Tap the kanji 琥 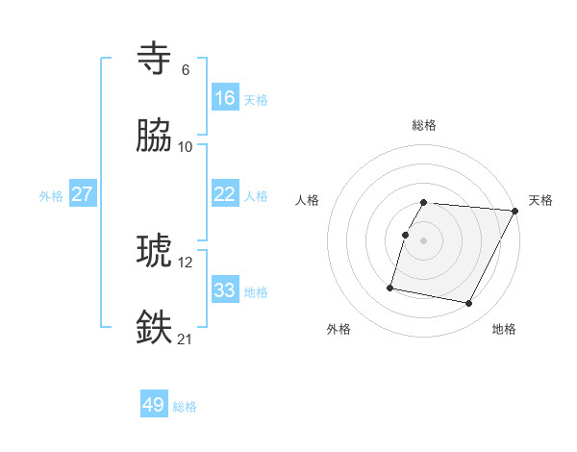[x=155, y=251]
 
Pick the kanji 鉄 [x=155, y=327]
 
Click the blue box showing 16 [x=225, y=98]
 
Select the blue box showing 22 [x=225, y=194]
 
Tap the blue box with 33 [x=225, y=290]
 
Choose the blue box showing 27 [x=83, y=194]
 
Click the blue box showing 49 [x=154, y=405]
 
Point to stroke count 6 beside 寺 [x=186, y=70]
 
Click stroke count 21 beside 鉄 [x=186, y=339]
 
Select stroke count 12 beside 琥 [x=186, y=262]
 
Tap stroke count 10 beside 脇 [x=186, y=147]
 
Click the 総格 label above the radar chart [x=424, y=125]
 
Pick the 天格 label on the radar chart [x=540, y=200]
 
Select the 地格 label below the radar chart [x=504, y=330]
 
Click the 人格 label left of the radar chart [x=308, y=200]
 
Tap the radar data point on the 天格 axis [x=514, y=210]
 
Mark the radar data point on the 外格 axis [x=390, y=287]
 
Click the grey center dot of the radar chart [x=424, y=239]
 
